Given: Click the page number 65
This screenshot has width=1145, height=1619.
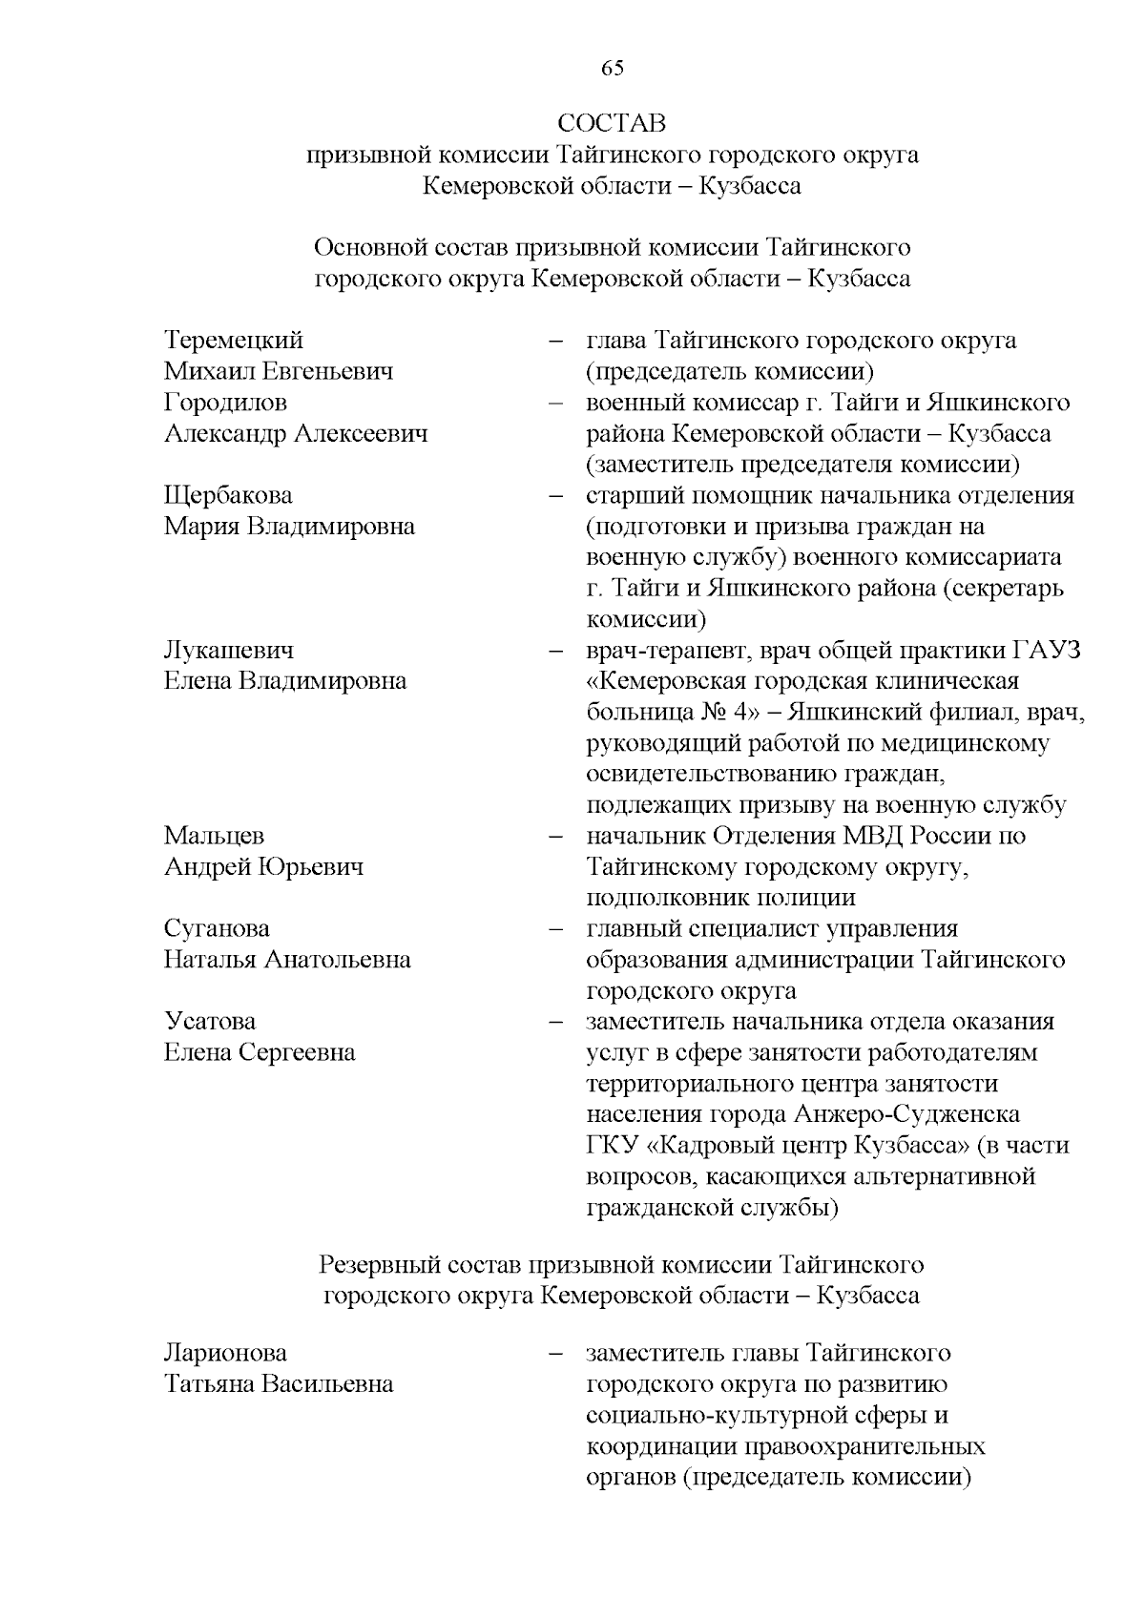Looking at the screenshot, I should coord(612,68).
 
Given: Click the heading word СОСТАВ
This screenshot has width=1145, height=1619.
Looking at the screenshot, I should coord(612,124).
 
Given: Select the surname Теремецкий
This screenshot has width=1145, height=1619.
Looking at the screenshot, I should coord(234,341).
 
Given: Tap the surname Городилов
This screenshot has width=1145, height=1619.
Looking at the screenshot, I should coord(225,403).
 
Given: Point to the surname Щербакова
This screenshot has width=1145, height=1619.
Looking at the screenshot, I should coord(228,496).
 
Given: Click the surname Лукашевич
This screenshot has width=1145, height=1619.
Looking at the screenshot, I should coord(229,651).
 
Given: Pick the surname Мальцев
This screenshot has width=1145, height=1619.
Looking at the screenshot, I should coord(214,836).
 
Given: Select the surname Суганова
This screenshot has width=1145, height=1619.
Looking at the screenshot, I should coord(217,928).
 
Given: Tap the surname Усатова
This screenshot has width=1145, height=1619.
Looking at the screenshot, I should coord(210,1022).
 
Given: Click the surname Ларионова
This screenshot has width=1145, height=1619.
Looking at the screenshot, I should coord(225,1354).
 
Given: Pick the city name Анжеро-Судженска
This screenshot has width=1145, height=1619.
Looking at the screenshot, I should coord(906,1114).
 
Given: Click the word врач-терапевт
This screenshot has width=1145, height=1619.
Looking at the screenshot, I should coord(658,651).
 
